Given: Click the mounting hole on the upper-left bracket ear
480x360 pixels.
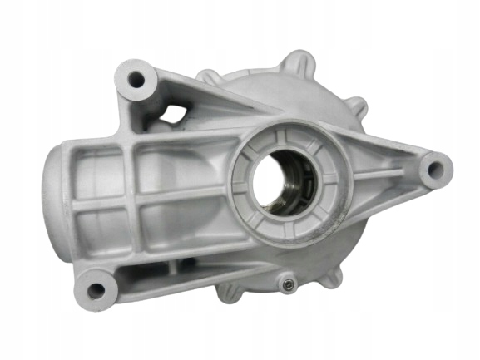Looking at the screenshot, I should tap(135, 81).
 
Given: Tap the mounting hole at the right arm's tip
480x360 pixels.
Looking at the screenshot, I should tap(433, 172).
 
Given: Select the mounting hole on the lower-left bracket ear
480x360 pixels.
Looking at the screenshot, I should tap(96, 290).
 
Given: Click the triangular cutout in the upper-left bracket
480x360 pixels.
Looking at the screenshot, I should tap(171, 115).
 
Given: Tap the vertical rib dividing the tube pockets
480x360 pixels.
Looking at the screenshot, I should tap(137, 200).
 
